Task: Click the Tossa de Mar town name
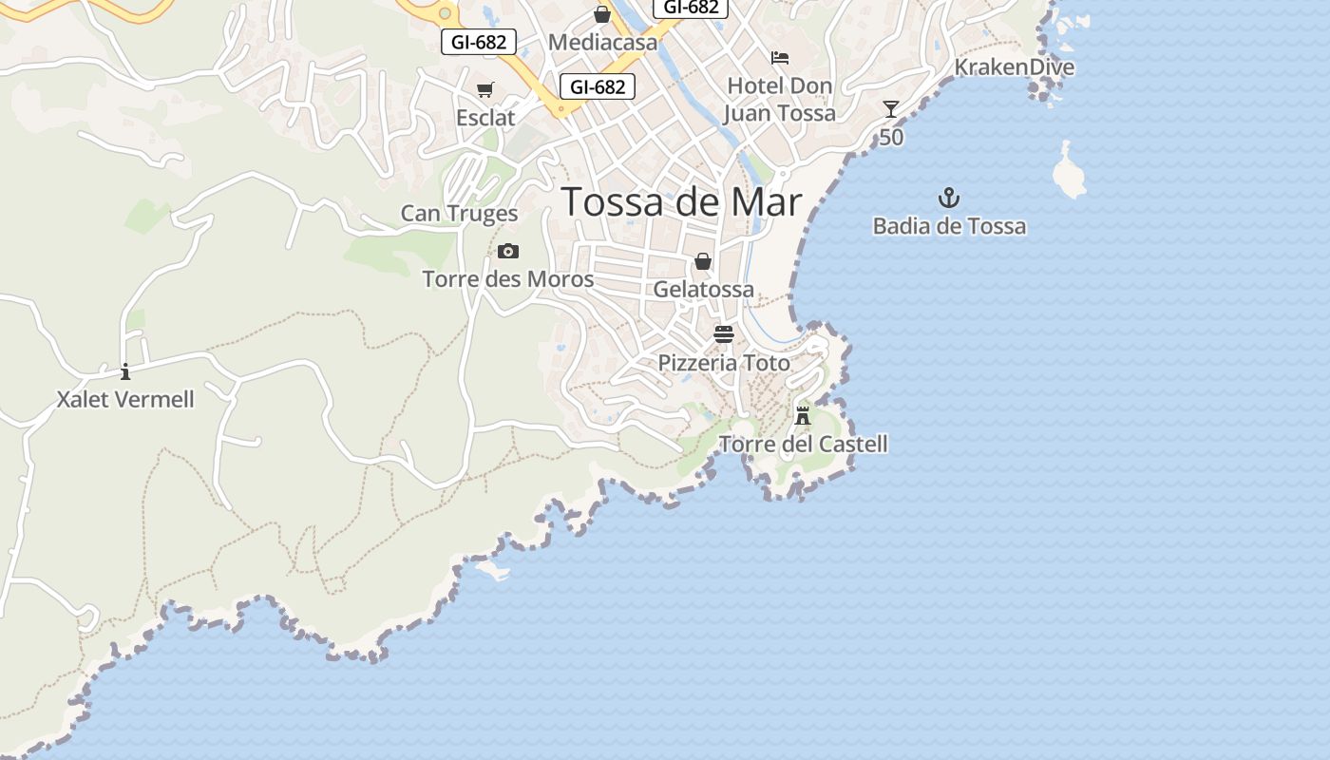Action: click(681, 202)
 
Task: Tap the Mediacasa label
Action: click(602, 43)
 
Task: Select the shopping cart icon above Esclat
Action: click(485, 90)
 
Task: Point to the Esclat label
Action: click(485, 118)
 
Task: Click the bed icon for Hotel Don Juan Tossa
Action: click(780, 58)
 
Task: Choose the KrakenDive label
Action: click(1014, 67)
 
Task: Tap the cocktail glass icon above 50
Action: click(890, 109)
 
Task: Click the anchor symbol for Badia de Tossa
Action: click(949, 199)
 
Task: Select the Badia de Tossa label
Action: click(949, 226)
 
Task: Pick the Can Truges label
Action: click(459, 214)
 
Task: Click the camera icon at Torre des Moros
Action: click(508, 252)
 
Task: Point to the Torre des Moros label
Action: click(508, 279)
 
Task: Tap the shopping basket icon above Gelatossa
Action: click(703, 261)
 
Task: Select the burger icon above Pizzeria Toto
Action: click(724, 334)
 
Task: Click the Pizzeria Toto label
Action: click(724, 363)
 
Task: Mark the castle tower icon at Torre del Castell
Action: click(803, 415)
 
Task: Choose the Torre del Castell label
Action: click(803, 444)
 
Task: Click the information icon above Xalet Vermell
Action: click(125, 371)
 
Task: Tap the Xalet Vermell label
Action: click(125, 400)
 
